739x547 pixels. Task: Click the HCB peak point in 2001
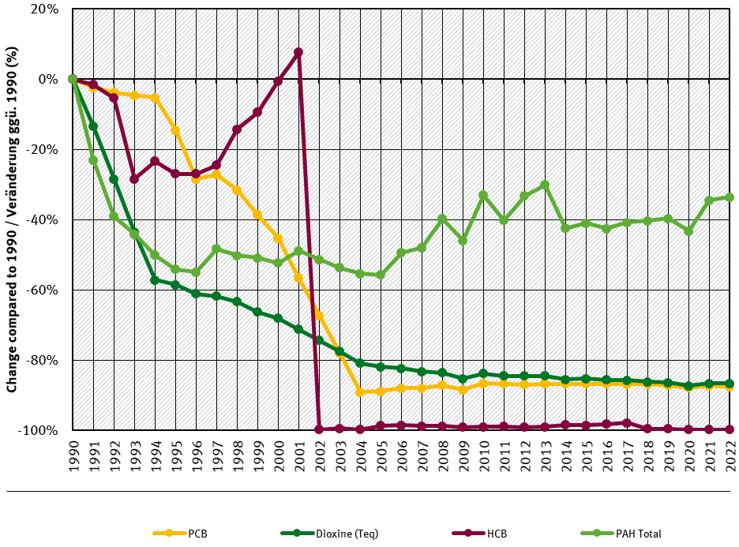point(298,52)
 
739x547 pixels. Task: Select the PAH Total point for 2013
point(545,185)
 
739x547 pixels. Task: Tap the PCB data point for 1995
point(175,130)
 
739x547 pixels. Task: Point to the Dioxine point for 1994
point(155,279)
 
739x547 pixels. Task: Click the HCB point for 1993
point(134,179)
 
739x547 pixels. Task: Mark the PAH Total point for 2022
point(730,197)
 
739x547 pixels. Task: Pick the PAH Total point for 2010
point(483,195)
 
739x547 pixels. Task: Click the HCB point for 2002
point(319,429)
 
